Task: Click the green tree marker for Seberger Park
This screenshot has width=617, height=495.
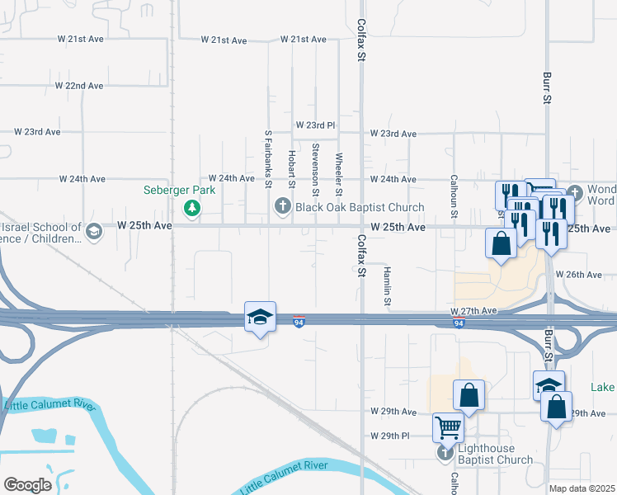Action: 192,207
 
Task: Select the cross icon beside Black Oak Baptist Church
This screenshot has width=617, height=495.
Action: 283,206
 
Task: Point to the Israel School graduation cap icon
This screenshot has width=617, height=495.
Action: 94,230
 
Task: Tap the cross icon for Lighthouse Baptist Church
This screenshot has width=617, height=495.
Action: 446,453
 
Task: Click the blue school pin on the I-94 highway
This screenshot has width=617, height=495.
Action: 259,317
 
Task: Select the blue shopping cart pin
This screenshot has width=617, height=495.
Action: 448,427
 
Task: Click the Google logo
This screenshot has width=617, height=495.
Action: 27,484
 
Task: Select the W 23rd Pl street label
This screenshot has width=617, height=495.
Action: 316,125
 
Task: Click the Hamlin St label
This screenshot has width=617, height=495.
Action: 385,288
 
